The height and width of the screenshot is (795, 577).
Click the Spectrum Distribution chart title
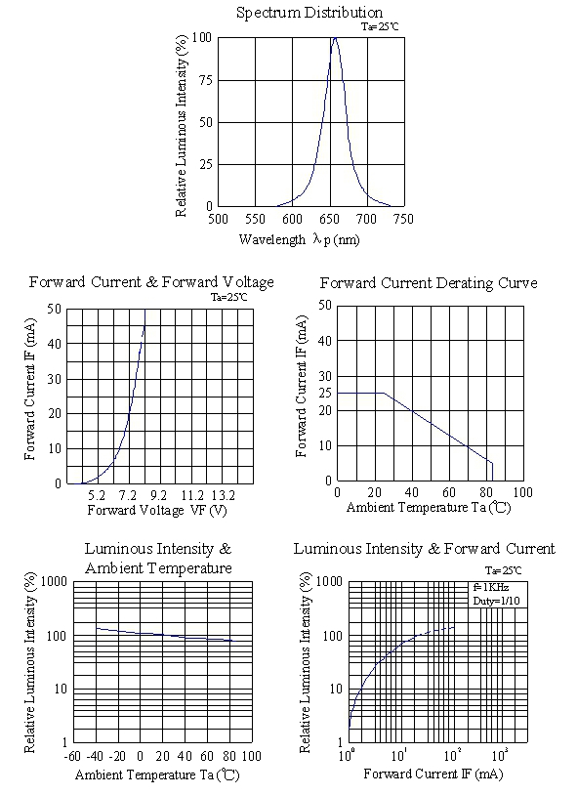309,13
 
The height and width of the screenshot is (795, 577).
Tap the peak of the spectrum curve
335,37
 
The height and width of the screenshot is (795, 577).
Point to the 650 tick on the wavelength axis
329,219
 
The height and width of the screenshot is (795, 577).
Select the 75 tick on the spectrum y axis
206,80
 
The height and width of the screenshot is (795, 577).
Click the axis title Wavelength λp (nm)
299,239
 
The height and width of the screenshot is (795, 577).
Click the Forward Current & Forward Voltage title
151,282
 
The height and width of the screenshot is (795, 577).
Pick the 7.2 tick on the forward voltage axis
127,495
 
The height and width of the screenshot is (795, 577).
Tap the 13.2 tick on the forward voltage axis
224,495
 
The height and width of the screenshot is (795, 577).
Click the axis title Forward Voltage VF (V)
157,510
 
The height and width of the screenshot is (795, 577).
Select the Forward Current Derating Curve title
429,283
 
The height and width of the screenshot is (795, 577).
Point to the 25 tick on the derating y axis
325,393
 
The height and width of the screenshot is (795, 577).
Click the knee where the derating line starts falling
384,393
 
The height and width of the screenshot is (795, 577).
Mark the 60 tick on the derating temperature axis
449,492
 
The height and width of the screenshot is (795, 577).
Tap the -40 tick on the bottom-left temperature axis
95,757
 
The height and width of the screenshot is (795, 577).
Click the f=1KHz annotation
491,587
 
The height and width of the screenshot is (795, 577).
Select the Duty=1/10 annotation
496,601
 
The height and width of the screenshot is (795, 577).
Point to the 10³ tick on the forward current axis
500,756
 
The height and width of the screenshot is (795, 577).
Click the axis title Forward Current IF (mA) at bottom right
433,774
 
